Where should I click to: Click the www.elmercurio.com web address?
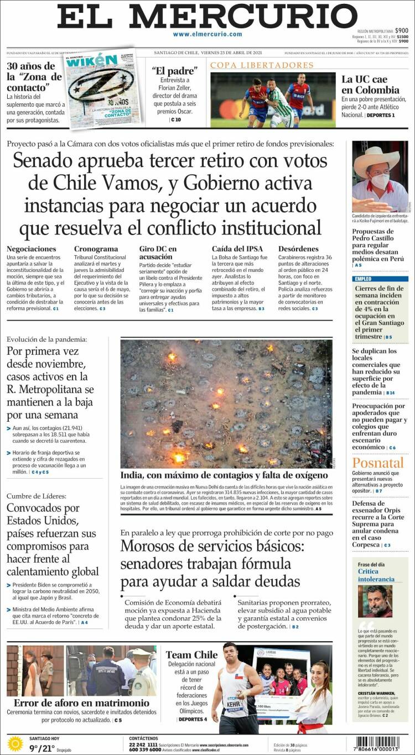[207, 34]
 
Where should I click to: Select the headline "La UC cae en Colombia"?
[370, 85]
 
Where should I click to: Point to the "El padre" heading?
[175, 71]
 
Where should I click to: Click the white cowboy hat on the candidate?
[376, 159]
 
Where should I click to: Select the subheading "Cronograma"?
[96, 249]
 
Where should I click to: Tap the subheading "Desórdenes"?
[298, 249]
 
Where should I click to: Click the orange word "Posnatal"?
[377, 463]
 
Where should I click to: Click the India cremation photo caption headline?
[224, 475]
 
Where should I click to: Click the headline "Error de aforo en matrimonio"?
[81, 703]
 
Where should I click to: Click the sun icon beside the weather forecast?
[15, 744]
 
